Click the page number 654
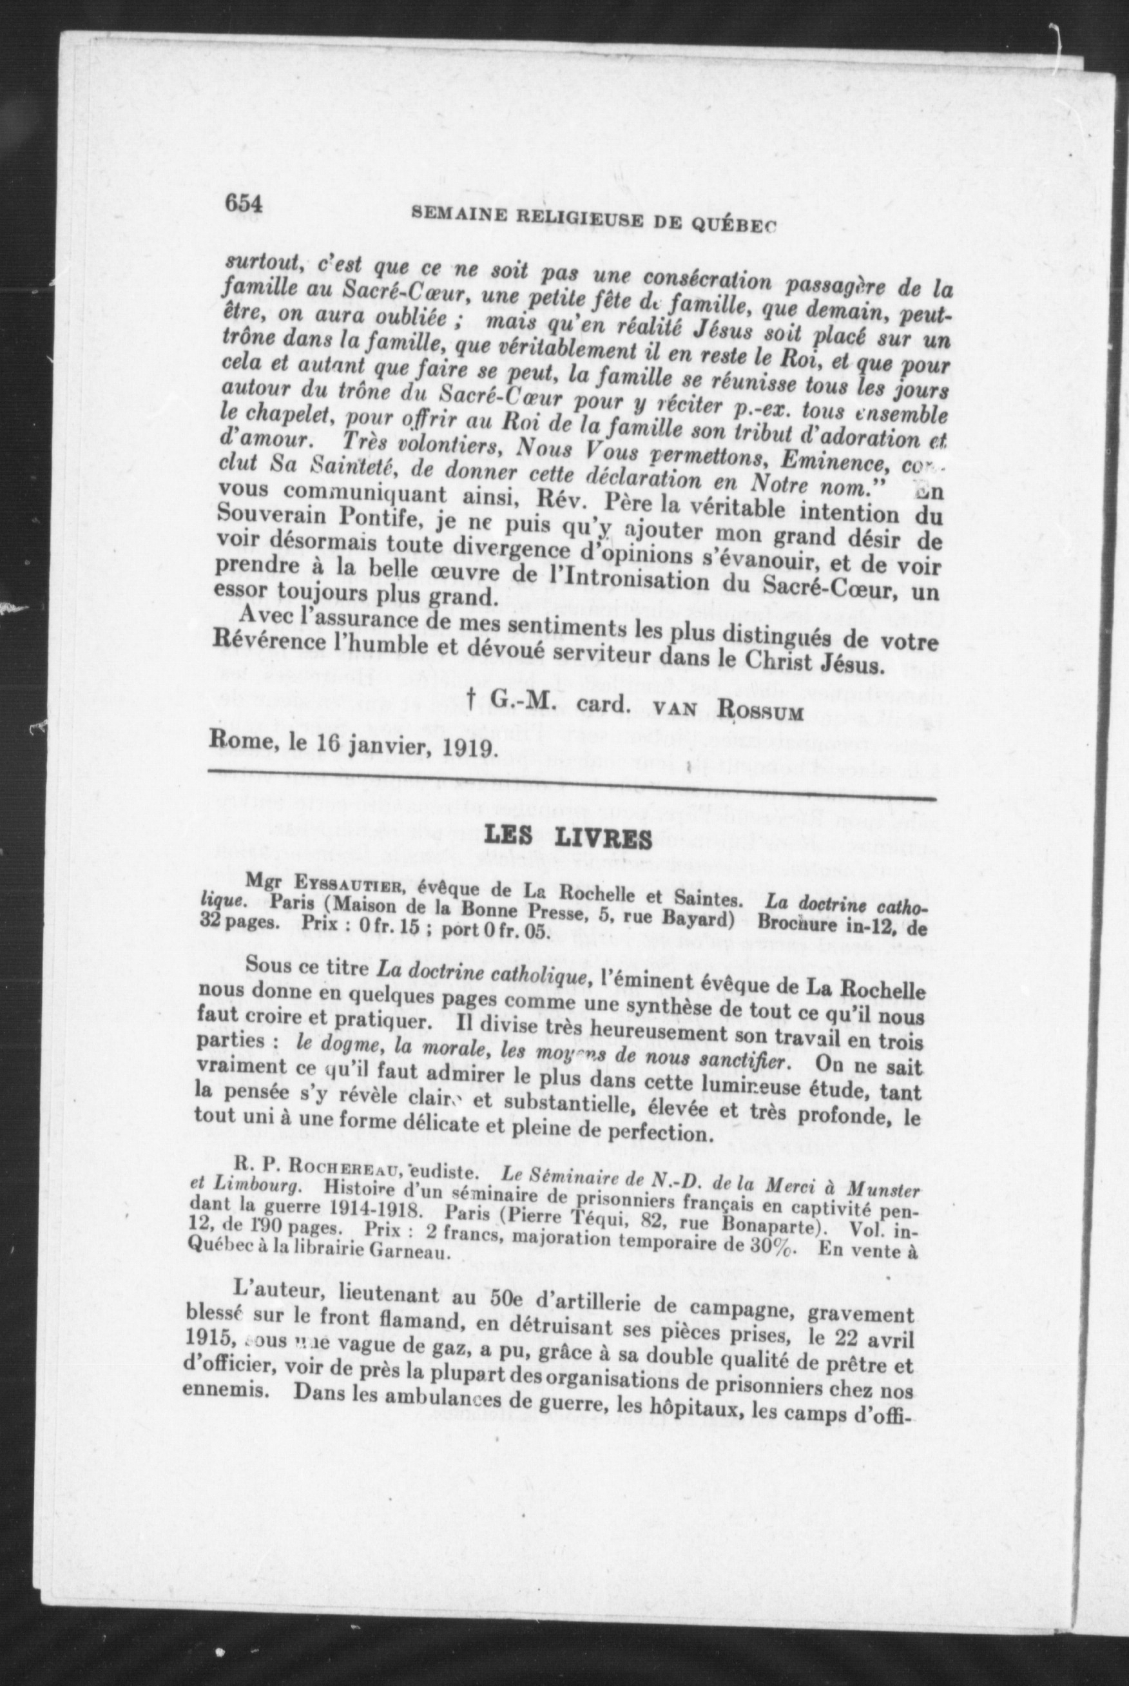click(x=244, y=204)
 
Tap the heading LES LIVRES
click(x=569, y=837)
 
